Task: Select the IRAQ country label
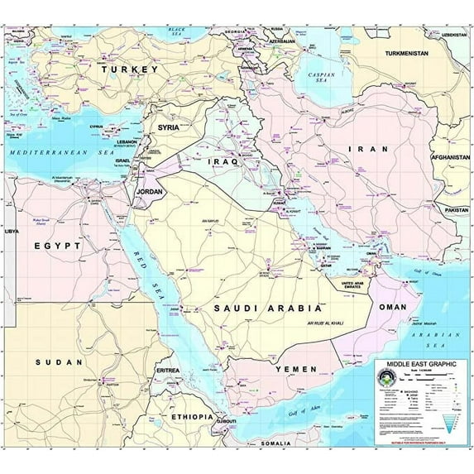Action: (223, 162)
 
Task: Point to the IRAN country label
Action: (361, 149)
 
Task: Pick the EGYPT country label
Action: (57, 246)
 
